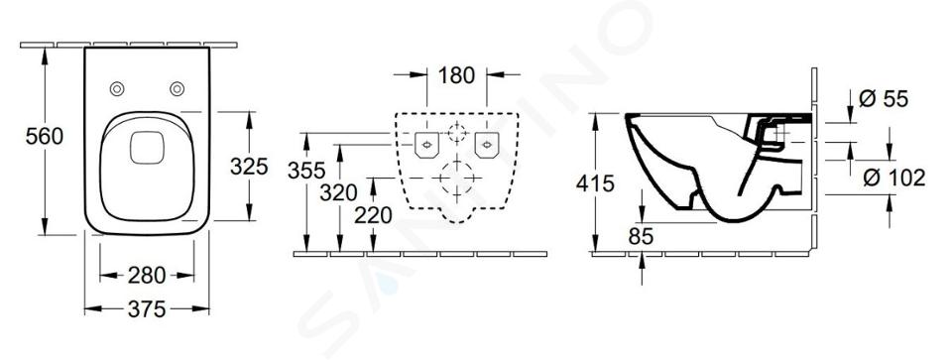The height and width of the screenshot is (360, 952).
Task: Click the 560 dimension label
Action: (45, 137)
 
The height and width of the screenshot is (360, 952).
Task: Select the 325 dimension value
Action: (249, 166)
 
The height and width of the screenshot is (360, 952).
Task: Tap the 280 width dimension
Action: (147, 276)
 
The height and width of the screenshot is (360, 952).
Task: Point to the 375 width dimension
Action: (147, 309)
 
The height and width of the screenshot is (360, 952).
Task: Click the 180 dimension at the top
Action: (456, 75)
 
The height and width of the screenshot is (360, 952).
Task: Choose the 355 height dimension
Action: (306, 171)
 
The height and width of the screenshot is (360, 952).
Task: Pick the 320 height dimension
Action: (339, 193)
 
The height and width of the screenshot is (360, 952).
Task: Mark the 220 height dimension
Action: (374, 215)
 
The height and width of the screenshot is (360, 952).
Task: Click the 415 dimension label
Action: (596, 183)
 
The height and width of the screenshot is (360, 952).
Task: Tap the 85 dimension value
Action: (641, 237)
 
